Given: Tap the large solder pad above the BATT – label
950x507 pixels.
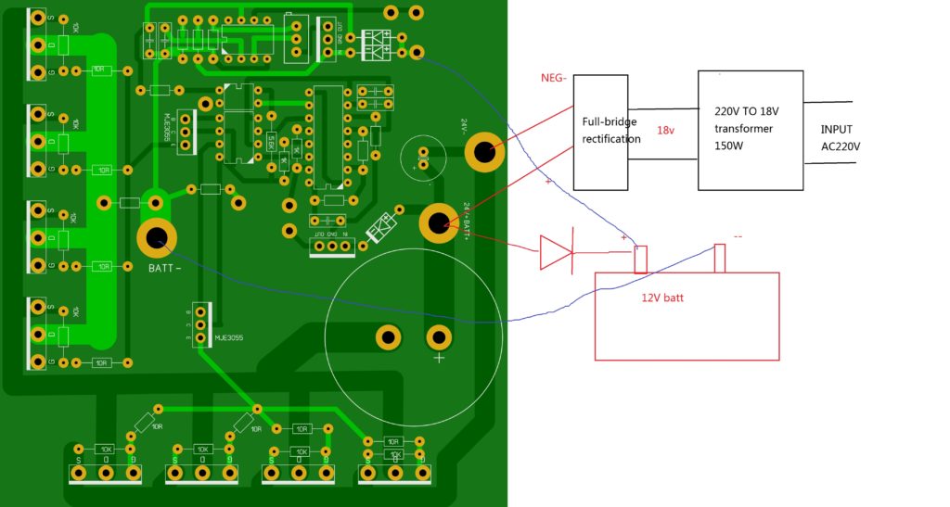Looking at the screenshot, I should tap(157, 238).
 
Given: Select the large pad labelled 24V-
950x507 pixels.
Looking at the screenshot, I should tap(483, 152).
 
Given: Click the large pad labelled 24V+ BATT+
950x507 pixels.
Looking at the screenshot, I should tap(438, 222).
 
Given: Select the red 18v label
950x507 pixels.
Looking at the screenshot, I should tap(666, 130).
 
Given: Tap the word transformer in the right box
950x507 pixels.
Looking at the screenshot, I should tap(743, 129).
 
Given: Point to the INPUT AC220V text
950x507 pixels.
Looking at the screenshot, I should tap(841, 138).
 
